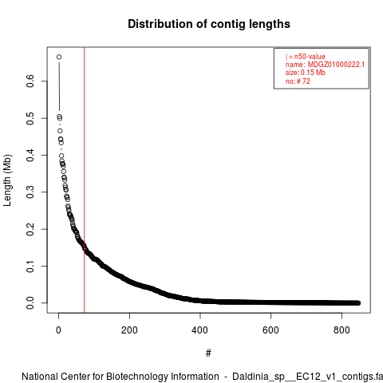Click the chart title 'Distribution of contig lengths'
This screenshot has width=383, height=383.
click(209, 24)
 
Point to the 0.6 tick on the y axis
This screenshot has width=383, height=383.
click(30, 81)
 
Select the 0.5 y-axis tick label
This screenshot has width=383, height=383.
click(30, 118)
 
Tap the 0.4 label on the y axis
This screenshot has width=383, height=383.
click(30, 155)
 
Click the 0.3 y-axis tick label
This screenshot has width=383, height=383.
click(30, 192)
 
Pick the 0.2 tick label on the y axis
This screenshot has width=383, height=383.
click(30, 229)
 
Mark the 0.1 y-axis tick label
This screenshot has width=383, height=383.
click(30, 266)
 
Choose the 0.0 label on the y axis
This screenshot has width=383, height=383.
click(30, 303)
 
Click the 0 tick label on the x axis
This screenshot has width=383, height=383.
click(58, 330)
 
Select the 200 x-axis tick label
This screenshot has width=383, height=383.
click(129, 330)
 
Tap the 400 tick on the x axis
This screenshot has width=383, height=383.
click(200, 330)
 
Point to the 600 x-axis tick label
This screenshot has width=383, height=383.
click(270, 330)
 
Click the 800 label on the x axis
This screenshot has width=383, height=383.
click(342, 330)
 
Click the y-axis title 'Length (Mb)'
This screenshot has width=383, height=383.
click(7, 180)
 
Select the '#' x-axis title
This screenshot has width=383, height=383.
click(208, 353)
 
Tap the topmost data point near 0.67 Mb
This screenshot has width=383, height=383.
click(59, 57)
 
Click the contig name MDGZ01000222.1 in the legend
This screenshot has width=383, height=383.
click(336, 65)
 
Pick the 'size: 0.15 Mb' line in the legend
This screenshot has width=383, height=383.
click(306, 73)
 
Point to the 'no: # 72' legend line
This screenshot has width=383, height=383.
click(298, 81)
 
